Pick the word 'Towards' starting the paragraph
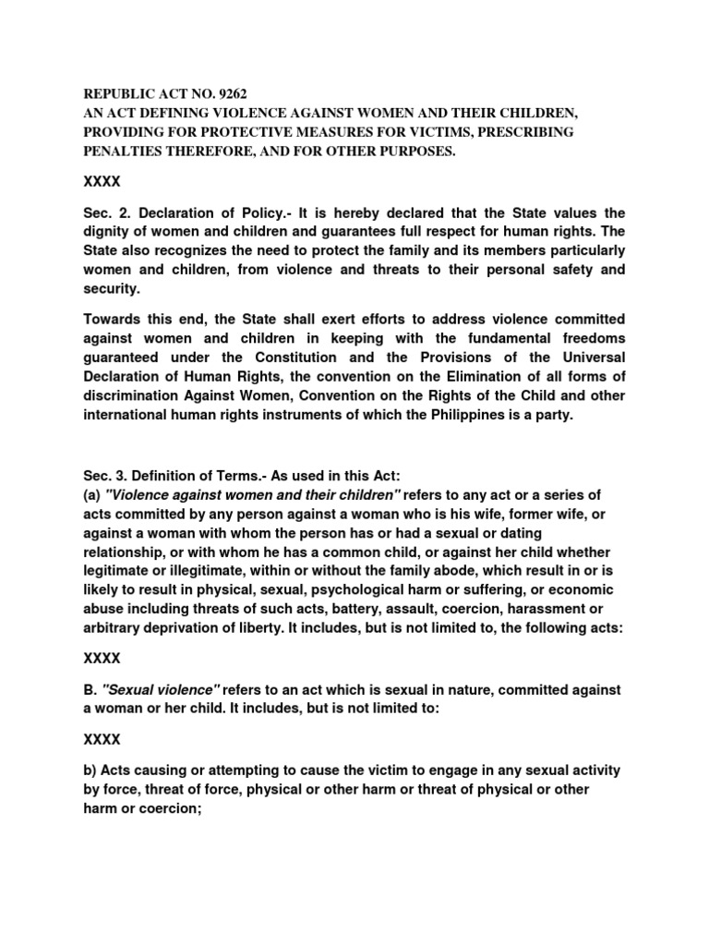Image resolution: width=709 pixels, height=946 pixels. (115, 319)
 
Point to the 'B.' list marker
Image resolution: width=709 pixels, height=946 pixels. (90, 690)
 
